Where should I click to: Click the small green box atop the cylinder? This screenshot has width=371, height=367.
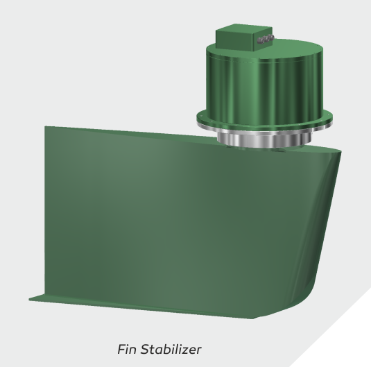pyautogui.click(x=239, y=40)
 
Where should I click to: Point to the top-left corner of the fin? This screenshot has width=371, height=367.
pyautogui.click(x=46, y=127)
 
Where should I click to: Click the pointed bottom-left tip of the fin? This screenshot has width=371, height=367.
pyautogui.click(x=30, y=300)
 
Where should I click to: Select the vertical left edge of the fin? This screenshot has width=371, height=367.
pyautogui.click(x=46, y=208)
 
